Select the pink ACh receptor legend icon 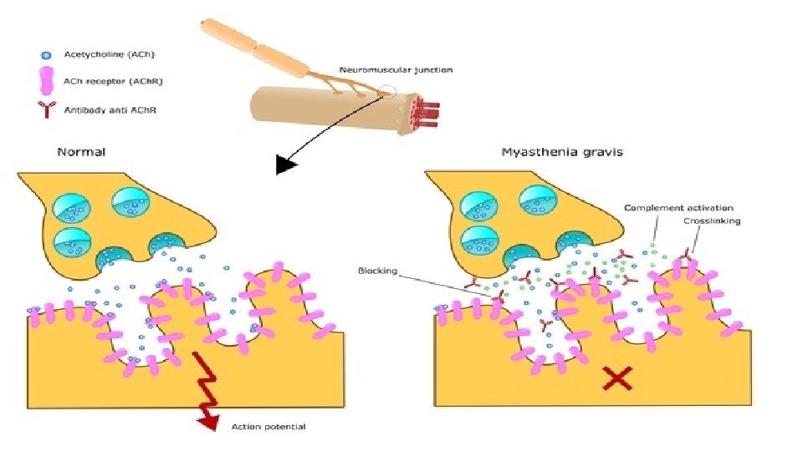coord(47,82)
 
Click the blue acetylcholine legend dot coord(47,54)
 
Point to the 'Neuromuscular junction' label coord(396,70)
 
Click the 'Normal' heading coord(80,152)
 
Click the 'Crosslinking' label coord(711,221)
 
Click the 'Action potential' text coord(268,428)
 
